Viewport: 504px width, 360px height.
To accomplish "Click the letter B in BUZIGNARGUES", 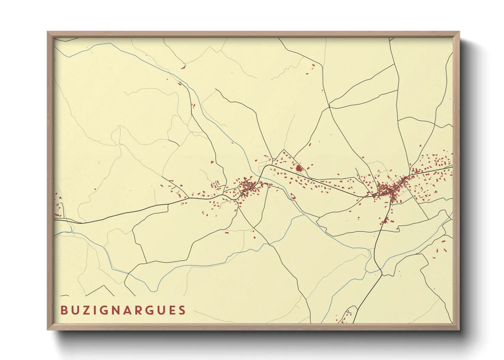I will [64, 310].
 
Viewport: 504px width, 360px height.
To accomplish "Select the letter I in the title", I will [97, 310].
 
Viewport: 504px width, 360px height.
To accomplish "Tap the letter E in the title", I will [171, 310].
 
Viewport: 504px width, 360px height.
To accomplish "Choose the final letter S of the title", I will [182, 310].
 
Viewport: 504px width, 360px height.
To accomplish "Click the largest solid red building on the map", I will [299, 168].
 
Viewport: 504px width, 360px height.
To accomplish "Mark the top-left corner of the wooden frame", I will [48, 32].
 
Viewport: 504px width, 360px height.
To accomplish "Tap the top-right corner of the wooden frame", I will [459, 32].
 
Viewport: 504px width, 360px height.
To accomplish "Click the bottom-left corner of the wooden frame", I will [48, 329].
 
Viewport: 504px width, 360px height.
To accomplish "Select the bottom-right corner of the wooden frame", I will [459, 329].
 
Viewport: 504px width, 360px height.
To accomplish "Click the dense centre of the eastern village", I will [388, 189].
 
